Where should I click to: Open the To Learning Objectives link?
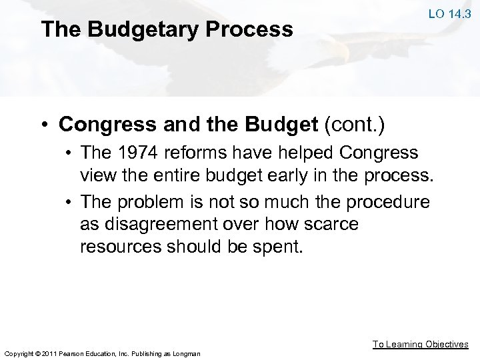tap(420, 344)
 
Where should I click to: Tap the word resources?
tap(121, 247)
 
